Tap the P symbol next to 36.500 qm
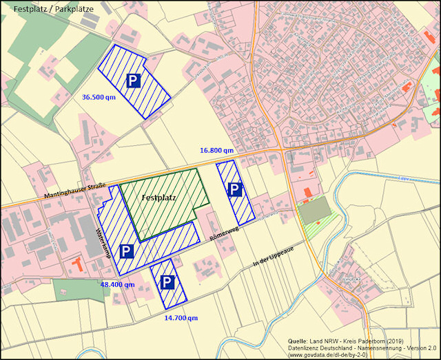pyautogui.click(x=134, y=81)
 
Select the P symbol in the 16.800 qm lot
pyautogui.click(x=236, y=189)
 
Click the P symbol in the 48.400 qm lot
pyautogui.click(x=125, y=252)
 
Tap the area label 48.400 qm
pyautogui.click(x=117, y=284)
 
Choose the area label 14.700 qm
pyautogui.click(x=181, y=318)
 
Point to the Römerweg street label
pyautogui.click(x=225, y=236)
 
